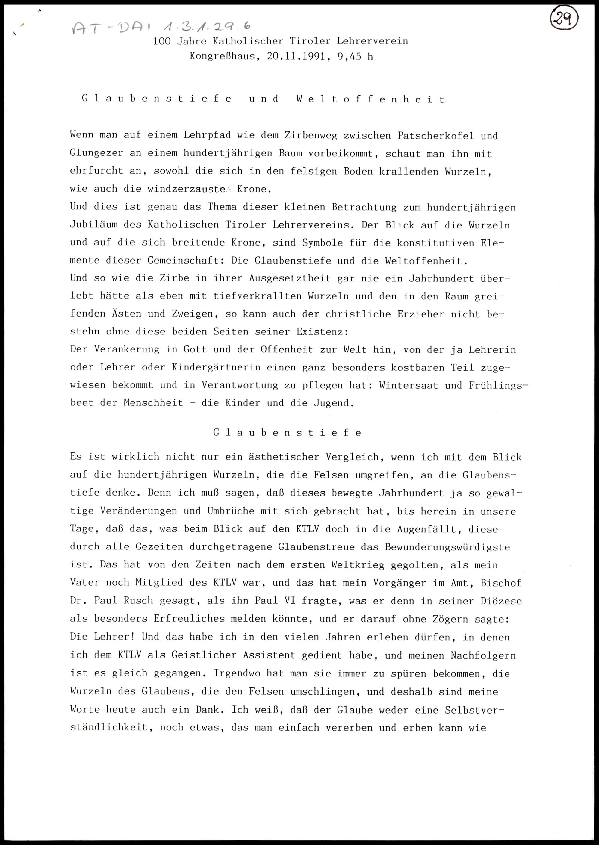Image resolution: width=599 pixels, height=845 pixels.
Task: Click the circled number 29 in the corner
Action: pos(563,19)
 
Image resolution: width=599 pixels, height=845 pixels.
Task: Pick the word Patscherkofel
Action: pos(435,136)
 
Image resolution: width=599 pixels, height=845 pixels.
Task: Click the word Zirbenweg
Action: pos(310,136)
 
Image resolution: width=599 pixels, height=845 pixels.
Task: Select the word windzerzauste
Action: pos(186,189)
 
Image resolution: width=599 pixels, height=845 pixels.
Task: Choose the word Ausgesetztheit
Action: pos(290,278)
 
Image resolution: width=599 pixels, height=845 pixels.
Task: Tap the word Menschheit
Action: pos(153,403)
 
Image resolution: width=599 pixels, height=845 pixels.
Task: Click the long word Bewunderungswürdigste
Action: pos(447,547)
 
